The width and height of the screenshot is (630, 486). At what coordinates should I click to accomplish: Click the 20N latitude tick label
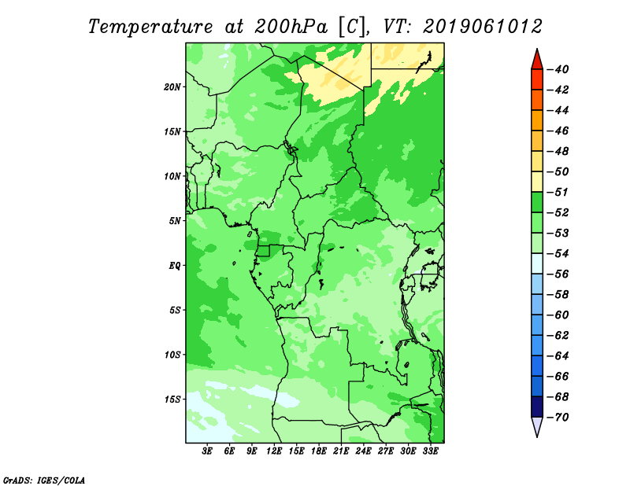pos(172,87)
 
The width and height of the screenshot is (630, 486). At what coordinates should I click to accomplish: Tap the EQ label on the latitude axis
pos(175,266)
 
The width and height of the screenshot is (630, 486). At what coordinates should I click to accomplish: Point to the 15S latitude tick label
pos(172,399)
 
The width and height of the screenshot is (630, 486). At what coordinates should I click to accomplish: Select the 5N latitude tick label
pos(175,221)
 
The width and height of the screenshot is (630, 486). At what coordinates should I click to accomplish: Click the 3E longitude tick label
pos(207,451)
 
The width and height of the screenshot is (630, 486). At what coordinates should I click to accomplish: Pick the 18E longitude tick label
pos(319,451)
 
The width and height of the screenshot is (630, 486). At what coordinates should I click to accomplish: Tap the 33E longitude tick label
pos(430,451)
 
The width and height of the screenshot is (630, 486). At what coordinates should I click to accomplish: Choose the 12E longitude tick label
pos(274,451)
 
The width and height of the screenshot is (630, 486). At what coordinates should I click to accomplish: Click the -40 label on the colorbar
pos(558,69)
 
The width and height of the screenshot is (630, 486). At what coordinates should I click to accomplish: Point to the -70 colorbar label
pos(558,418)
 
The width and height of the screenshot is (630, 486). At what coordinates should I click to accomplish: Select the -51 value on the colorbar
pos(558,192)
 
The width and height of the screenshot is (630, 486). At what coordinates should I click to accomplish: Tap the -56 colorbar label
pos(558,274)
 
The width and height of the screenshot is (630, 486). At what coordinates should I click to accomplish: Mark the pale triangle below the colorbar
pos(537,425)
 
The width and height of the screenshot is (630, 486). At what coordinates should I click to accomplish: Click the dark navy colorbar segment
pos(537,407)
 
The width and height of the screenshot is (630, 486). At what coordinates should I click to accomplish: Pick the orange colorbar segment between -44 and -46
pos(537,120)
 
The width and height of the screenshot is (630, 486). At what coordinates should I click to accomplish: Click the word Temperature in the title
pos(150,27)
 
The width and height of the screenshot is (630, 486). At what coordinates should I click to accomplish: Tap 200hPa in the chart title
pos(291,27)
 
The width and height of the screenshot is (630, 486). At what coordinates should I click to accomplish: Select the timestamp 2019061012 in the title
pos(483,26)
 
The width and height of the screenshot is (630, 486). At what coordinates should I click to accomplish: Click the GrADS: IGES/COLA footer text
pos(44,480)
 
